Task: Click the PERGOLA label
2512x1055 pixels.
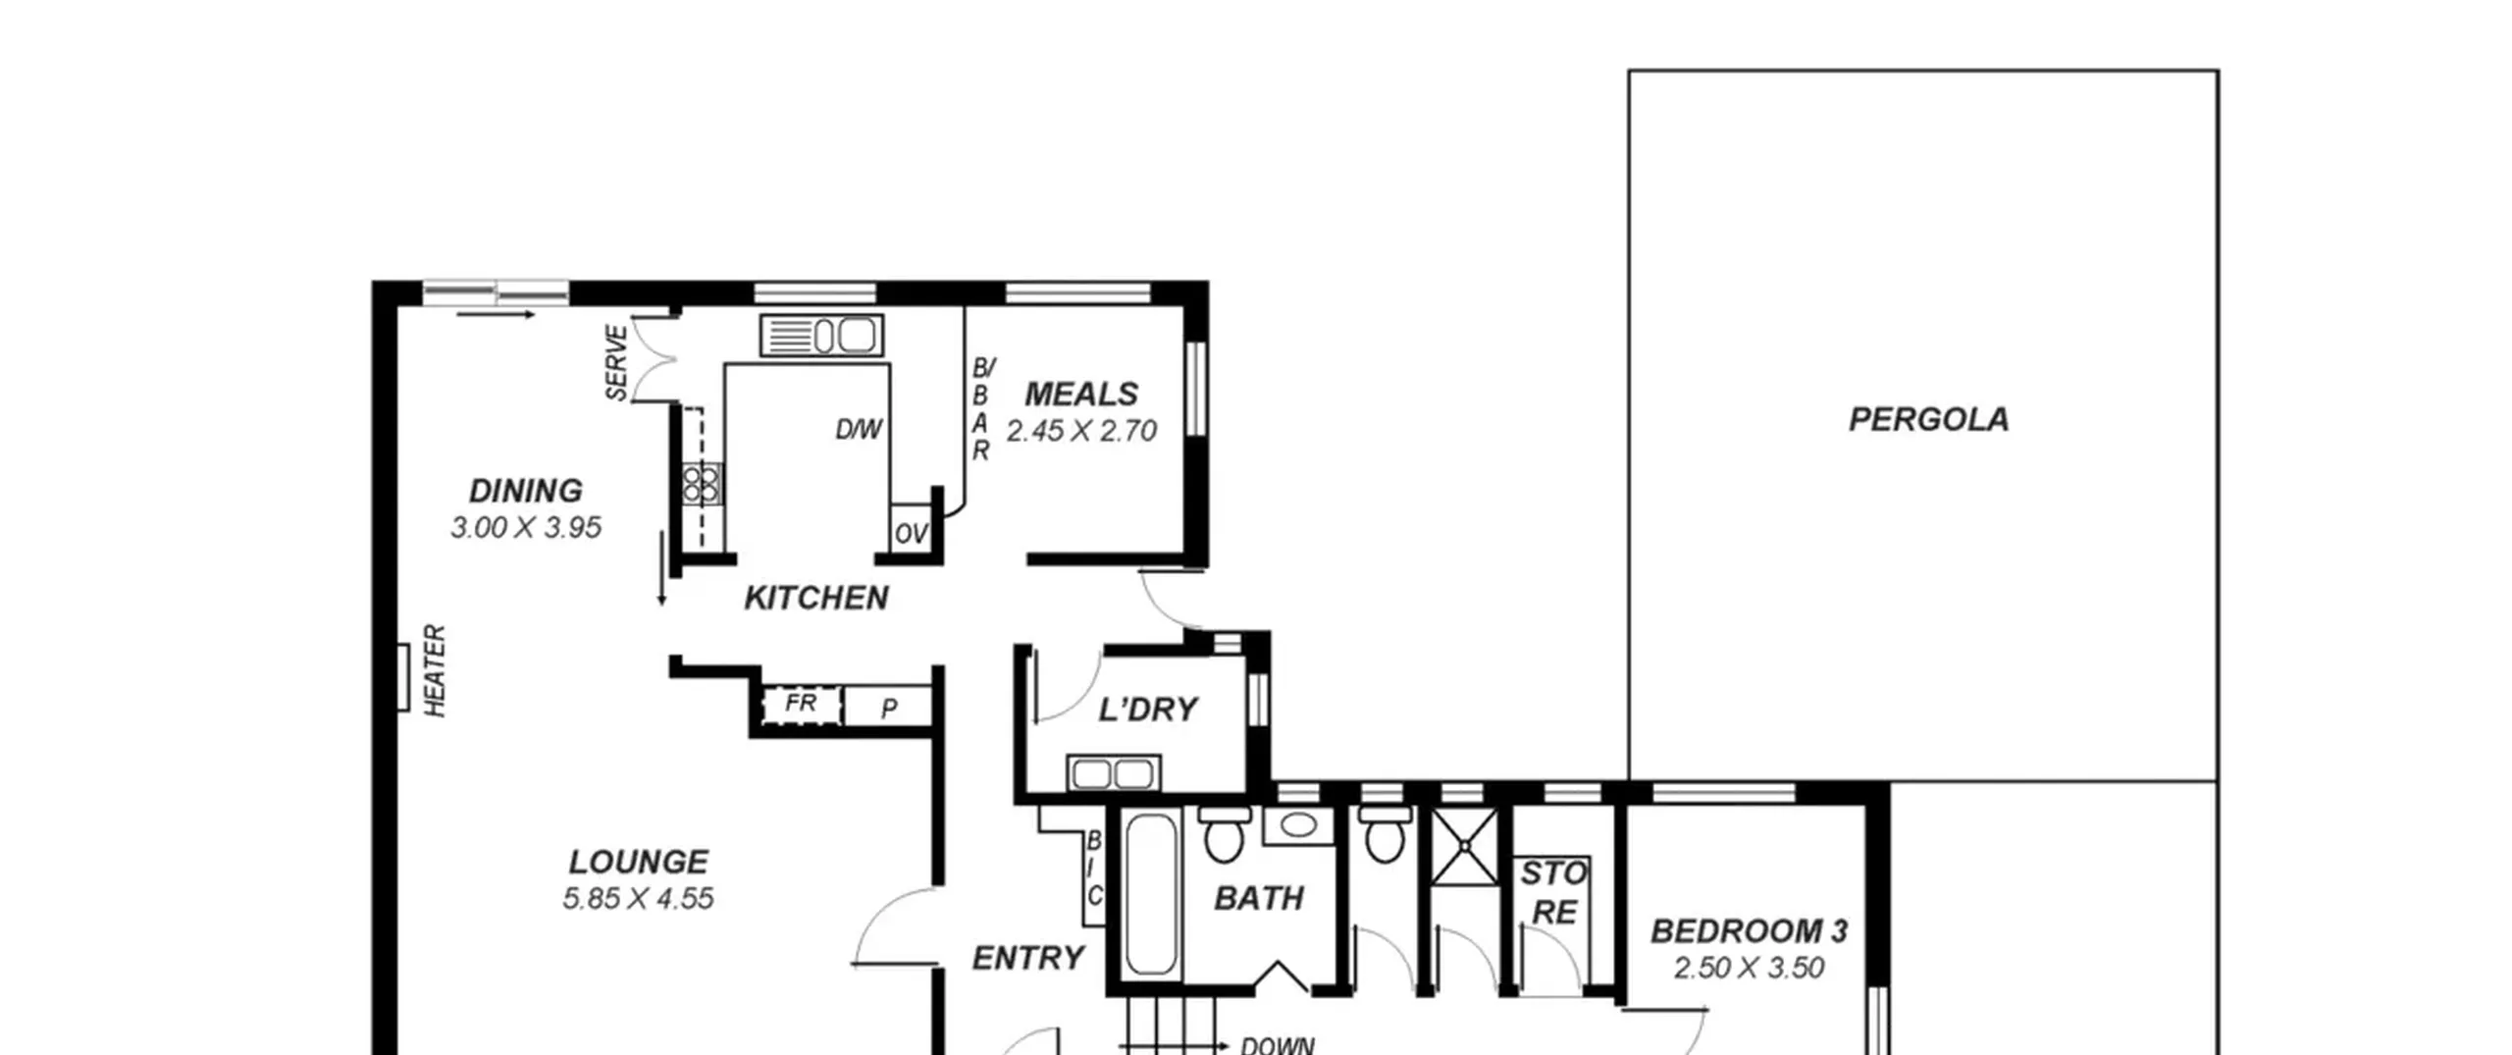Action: pos(1928,420)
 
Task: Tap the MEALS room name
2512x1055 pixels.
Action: pos(1081,394)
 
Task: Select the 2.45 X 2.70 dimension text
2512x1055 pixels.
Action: pos(1081,431)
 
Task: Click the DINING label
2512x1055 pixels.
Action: pos(526,490)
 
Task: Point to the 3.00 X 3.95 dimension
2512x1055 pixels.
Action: pos(526,528)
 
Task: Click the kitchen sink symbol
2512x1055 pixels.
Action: pos(821,336)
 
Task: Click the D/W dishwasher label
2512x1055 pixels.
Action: pos(859,429)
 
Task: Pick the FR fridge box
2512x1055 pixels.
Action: pos(802,705)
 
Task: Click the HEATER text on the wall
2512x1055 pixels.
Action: pos(435,670)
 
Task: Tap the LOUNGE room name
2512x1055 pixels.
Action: pos(639,862)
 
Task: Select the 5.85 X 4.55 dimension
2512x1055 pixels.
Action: pos(639,899)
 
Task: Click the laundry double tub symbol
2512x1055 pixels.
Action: pos(1114,773)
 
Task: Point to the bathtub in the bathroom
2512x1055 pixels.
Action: pos(1151,894)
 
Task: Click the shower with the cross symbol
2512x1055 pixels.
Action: pos(1465,846)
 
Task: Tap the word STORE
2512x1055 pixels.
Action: pos(1554,892)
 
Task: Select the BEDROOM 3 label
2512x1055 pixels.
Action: pos(1750,930)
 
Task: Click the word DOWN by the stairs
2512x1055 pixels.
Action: pos(1278,1045)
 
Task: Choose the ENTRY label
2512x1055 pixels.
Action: pos(1028,957)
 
